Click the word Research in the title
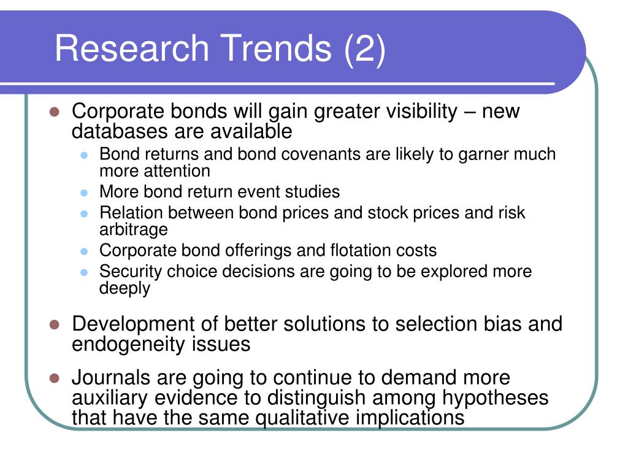coord(132,48)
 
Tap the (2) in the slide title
coord(364,49)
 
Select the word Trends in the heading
coord(276,48)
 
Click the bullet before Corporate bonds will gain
coord(55,112)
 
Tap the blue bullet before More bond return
coord(84,193)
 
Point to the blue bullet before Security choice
coord(84,272)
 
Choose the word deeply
coord(124,288)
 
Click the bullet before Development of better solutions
coord(55,324)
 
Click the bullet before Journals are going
coord(55,378)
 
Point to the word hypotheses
coord(495,398)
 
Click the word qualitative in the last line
coord(302,418)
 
